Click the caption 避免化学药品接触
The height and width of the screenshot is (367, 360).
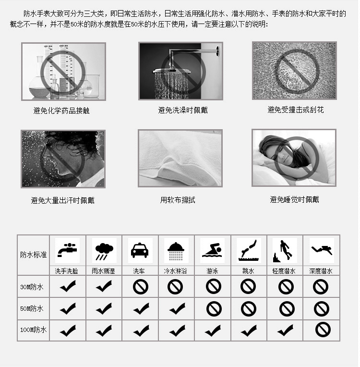[61, 111]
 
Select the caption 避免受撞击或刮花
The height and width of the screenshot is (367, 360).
[295, 110]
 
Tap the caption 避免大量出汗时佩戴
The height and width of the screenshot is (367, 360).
[62, 200]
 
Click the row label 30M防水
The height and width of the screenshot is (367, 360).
[32, 287]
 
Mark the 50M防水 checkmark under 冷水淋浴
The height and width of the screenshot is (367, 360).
[177, 308]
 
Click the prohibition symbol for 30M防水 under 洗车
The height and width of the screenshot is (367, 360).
[141, 287]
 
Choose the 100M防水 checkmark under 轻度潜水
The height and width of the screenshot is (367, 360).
[285, 330]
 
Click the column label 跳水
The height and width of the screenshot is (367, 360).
[249, 271]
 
